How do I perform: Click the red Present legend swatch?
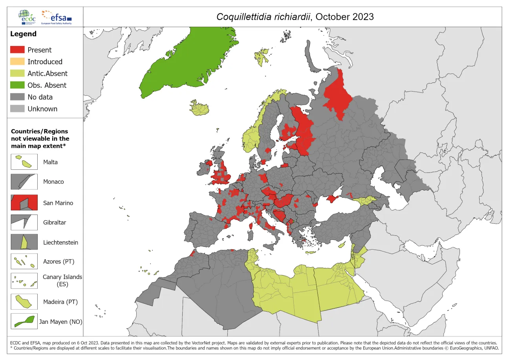pyautogui.click(x=17, y=50)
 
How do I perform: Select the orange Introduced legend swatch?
pyautogui.click(x=17, y=62)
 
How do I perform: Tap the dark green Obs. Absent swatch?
pyautogui.click(x=17, y=85)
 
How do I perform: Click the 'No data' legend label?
pyautogui.click(x=40, y=97)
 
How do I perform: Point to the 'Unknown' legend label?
pyautogui.click(x=42, y=109)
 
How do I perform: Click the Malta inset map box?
pyautogui.click(x=24, y=162)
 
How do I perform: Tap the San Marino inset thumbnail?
pyautogui.click(x=24, y=203)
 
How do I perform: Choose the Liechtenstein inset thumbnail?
pyautogui.click(x=24, y=242)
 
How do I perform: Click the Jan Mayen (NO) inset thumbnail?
pyautogui.click(x=24, y=321)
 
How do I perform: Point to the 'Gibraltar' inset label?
pyautogui.click(x=55, y=222)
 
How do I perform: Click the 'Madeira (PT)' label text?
pyautogui.click(x=60, y=302)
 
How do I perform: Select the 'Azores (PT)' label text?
pyautogui.click(x=59, y=261)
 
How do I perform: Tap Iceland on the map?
pyautogui.click(x=200, y=108)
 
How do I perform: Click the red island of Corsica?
pyautogui.click(x=251, y=226)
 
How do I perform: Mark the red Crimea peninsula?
pyautogui.click(x=333, y=199)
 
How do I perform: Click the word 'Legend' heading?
pyautogui.click(x=23, y=34)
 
